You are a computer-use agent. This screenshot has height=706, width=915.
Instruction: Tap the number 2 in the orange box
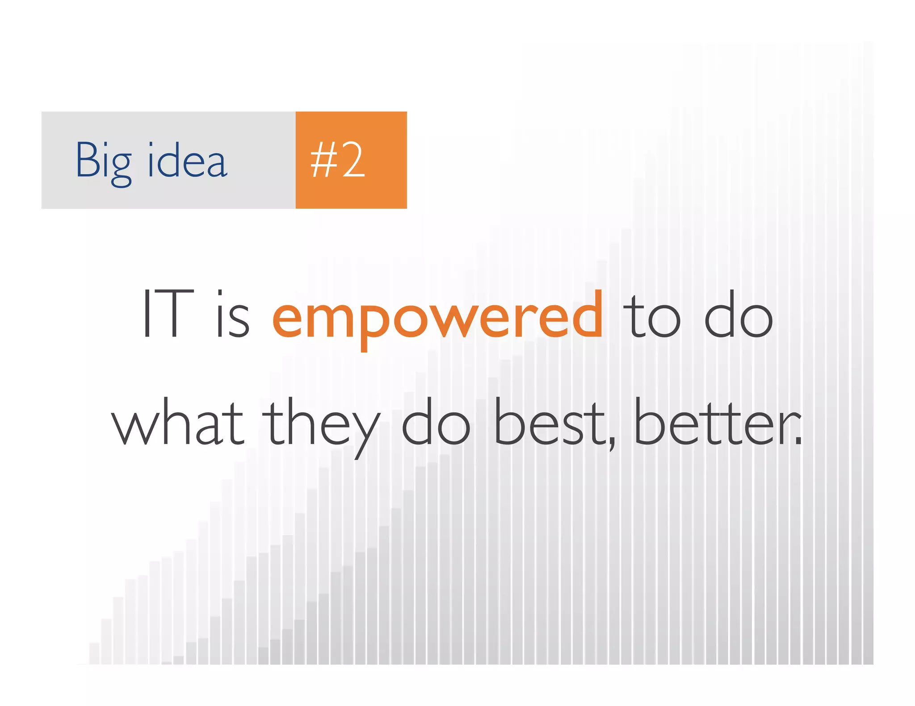click(x=353, y=160)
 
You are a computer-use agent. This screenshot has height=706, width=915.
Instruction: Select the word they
click(x=321, y=426)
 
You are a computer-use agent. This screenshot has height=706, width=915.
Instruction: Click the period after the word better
click(x=798, y=442)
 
